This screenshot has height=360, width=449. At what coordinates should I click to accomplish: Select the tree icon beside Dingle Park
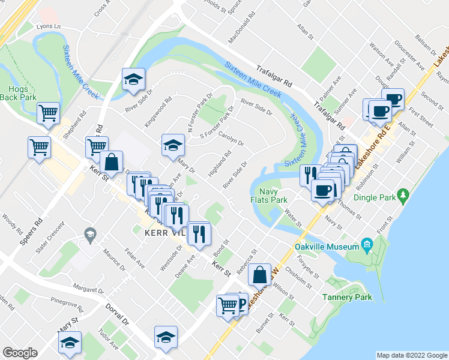pyautogui.click(x=405, y=195)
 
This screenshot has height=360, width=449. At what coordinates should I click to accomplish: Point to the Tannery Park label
pyautogui.click(x=347, y=297)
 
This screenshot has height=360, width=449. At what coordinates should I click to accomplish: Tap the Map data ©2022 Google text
pyautogui.click(x=411, y=355)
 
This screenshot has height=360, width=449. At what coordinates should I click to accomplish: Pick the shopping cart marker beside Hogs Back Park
pyautogui.click(x=47, y=112)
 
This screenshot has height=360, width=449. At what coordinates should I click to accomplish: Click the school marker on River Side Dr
pyautogui.click(x=133, y=79)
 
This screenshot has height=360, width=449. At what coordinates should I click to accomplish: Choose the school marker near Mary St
pyautogui.click(x=70, y=342)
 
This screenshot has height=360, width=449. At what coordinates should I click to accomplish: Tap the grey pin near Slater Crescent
pyautogui.click(x=90, y=234)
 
